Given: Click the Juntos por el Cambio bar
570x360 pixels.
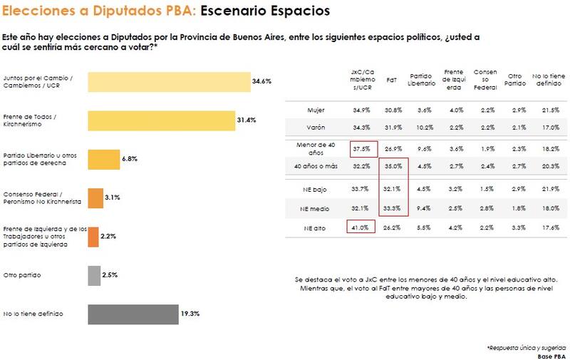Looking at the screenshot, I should point(169,82).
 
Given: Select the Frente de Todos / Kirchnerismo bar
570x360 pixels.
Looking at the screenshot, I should point(161,120).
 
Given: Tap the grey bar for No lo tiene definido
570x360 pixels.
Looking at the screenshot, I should point(133,314).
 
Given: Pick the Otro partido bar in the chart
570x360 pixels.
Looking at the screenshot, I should point(93,275).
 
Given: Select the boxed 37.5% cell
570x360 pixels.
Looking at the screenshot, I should point(363,150).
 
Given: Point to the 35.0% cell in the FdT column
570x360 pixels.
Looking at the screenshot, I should point(392,168).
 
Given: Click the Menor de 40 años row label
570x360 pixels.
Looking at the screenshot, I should point(315,149).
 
